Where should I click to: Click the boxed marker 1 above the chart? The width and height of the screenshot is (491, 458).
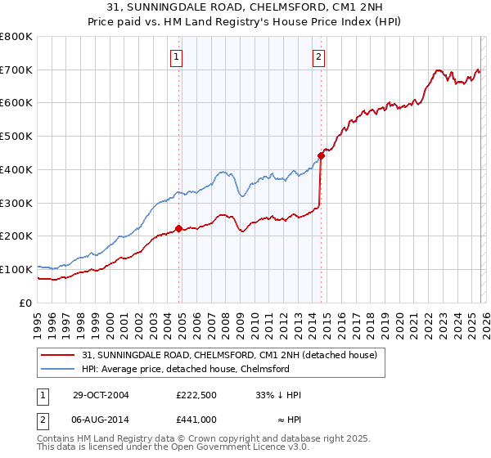177,56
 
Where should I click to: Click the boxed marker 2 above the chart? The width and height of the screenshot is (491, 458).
318,56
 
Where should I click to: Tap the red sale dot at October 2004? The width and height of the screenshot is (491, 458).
179,228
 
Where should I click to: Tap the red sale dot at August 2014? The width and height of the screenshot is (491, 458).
321,155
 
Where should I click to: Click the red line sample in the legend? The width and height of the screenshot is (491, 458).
59,355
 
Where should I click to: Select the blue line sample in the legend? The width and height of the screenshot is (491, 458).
59,369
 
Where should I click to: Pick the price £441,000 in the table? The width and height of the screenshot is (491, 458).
196,419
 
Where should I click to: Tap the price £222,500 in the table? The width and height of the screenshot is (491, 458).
196,395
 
